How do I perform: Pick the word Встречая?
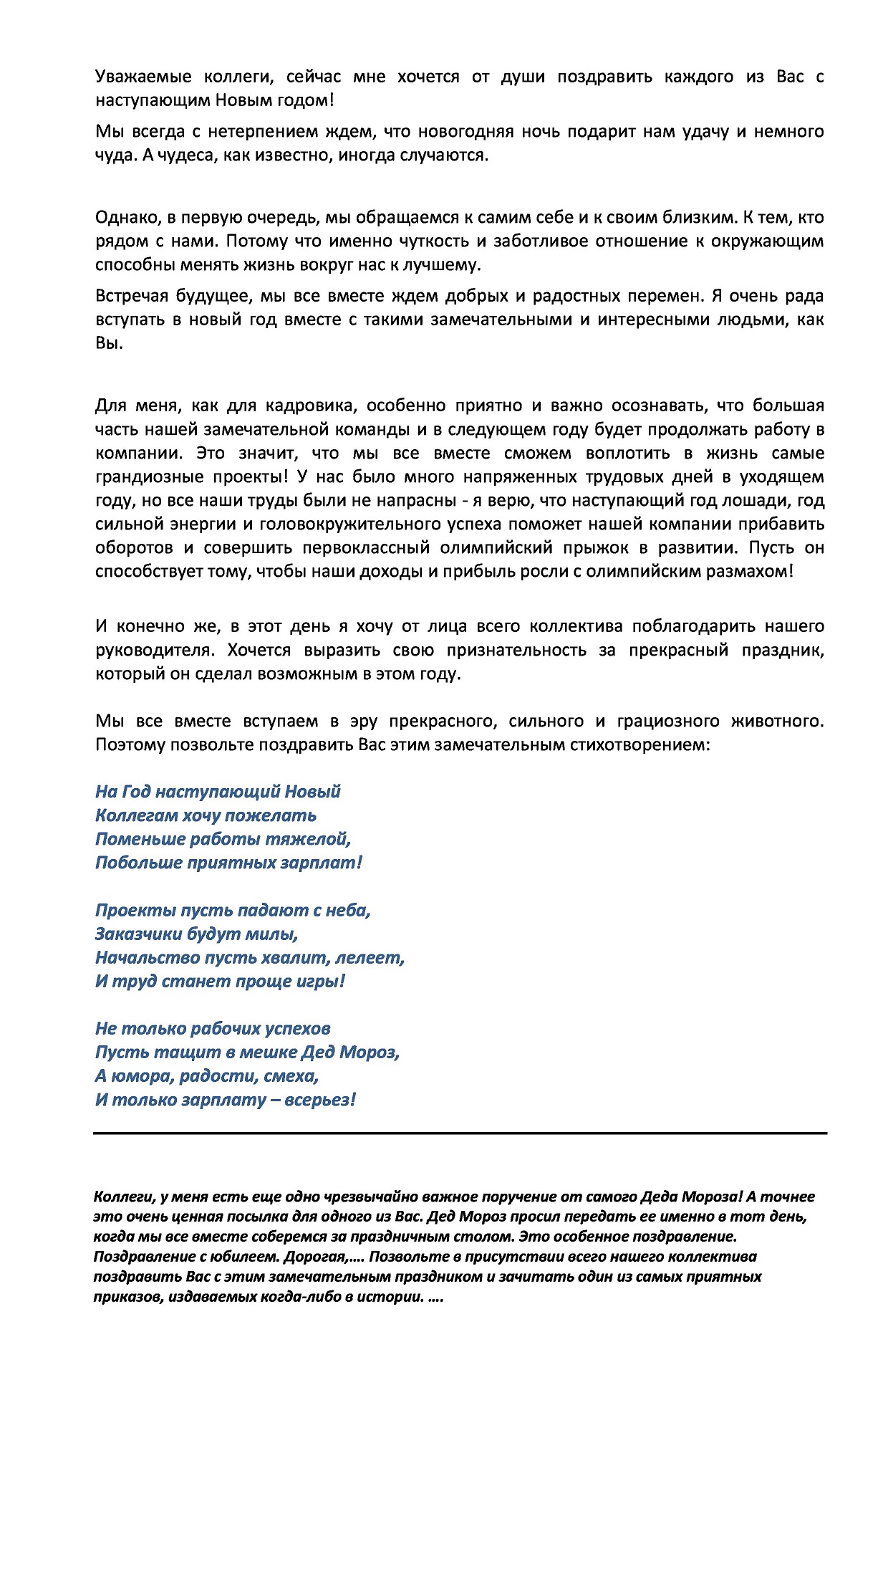click(x=132, y=297)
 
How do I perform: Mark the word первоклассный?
click(x=365, y=548)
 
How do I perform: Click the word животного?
click(x=776, y=722)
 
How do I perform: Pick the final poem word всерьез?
click(x=319, y=1100)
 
